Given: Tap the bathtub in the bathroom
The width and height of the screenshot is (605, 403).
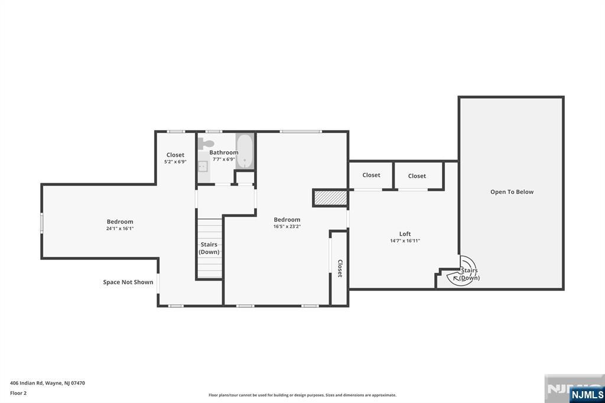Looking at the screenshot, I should coord(245,152).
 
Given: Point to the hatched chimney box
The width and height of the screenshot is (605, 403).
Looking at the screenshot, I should coord(329,198).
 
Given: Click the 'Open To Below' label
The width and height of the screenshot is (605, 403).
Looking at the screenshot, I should coord(512,192).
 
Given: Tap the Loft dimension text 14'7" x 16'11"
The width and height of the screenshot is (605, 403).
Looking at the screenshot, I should coord(405,241).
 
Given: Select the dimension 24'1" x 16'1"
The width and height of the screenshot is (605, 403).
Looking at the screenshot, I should coord(120,229).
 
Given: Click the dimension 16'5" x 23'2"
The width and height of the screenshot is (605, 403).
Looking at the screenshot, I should coord(287,226).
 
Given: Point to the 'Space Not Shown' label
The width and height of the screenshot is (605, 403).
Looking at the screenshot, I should coord(128,282).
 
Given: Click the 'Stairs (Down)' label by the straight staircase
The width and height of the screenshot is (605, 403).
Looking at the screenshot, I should coord(209,248).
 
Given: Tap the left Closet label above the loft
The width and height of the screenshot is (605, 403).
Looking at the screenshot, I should coord(371,175).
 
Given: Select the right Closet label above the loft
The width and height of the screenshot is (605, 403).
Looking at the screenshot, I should coord(417,176).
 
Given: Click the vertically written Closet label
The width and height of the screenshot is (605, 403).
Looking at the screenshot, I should coord(340,268).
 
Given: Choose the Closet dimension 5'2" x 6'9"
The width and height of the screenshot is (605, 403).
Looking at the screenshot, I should coord(175,162).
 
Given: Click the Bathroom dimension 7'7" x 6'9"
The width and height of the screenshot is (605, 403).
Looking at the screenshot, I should coord(224,160).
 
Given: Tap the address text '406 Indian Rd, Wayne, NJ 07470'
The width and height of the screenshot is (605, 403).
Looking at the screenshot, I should coord(47,383).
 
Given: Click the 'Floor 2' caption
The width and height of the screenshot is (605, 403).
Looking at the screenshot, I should coord(18,393).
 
